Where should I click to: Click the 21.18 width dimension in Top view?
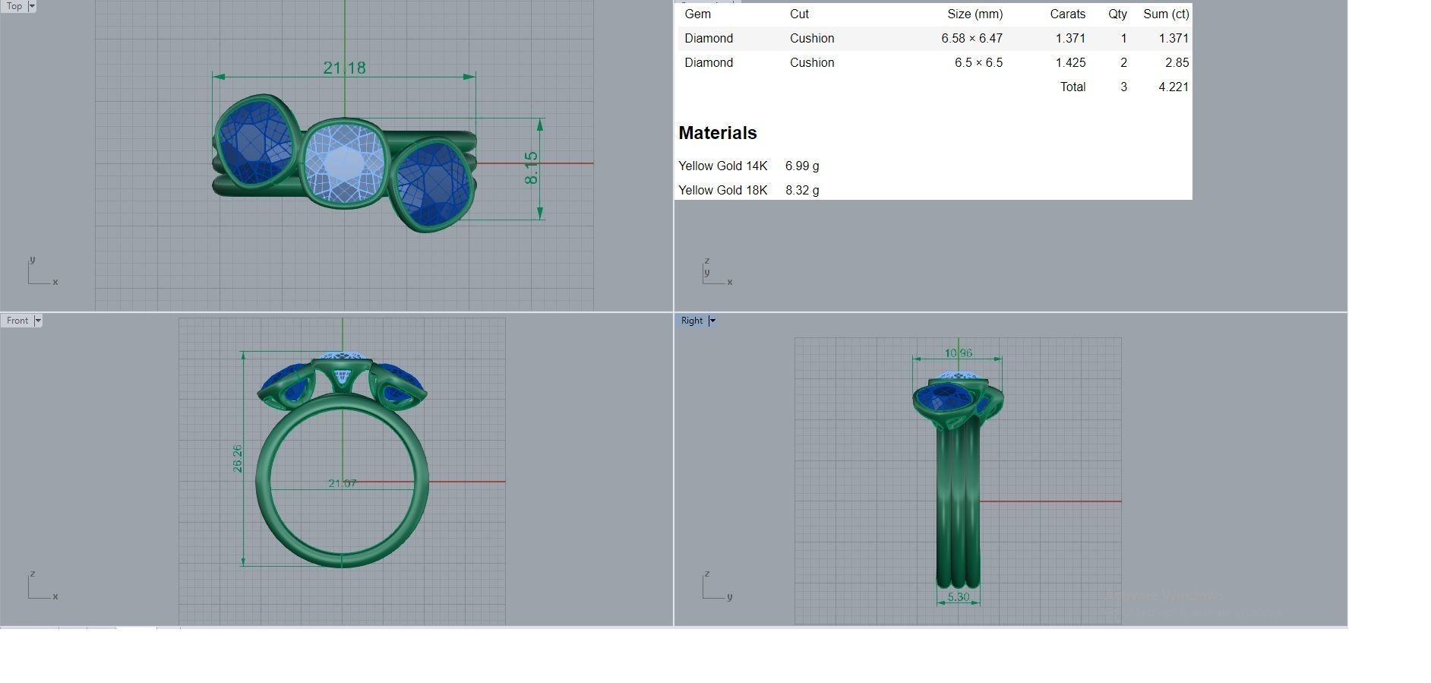[344, 68]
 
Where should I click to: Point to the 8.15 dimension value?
[531, 167]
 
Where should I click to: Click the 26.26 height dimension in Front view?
[238, 458]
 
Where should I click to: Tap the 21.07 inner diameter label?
[342, 483]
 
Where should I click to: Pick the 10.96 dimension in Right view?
[958, 353]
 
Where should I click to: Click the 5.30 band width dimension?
[958, 597]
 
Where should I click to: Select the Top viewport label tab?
[14, 6]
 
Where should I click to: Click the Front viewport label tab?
[17, 321]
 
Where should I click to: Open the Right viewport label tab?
[691, 321]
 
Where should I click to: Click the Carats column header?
[1067, 14]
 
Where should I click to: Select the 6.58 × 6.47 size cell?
[971, 38]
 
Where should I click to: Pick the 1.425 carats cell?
[1070, 62]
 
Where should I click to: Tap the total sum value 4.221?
[1173, 87]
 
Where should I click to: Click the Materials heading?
[717, 133]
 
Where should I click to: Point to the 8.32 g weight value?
[802, 190]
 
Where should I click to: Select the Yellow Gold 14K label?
[722, 166]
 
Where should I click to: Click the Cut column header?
[799, 14]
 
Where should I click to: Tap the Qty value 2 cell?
[1123, 62]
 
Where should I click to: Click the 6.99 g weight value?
[802, 166]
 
